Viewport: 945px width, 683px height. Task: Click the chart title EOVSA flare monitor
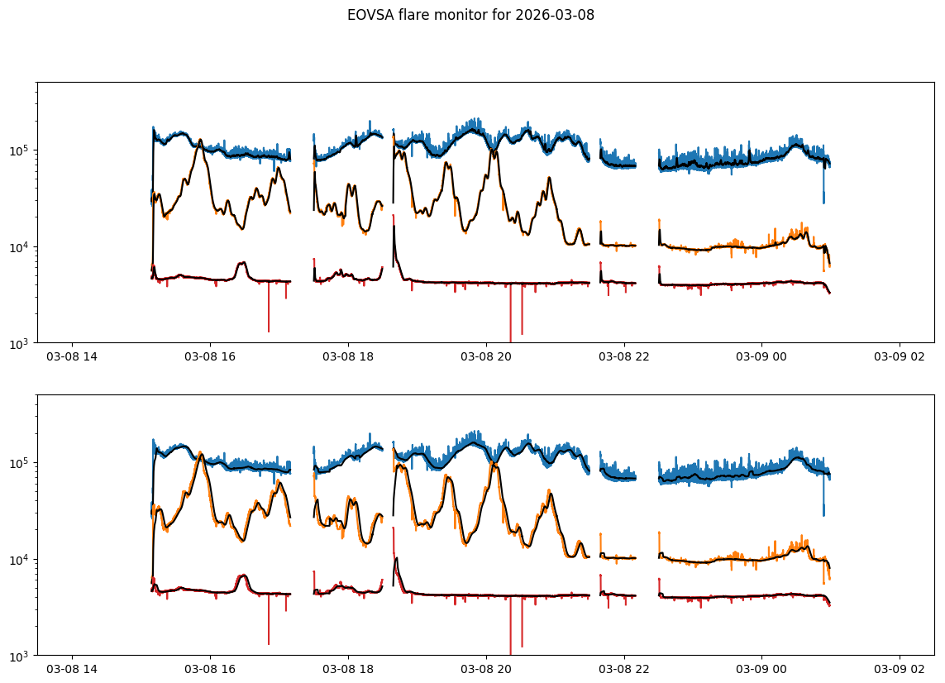point(430,15)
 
